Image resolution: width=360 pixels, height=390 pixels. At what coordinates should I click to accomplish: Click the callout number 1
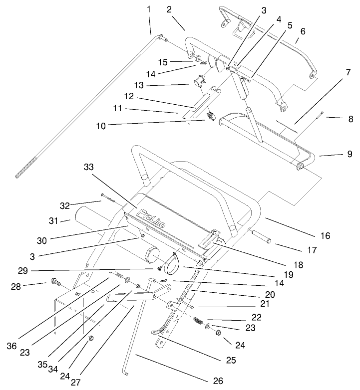[x=148, y=9]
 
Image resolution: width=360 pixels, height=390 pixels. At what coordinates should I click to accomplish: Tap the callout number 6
[x=302, y=31]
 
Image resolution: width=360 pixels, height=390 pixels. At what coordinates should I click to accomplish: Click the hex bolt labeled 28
[x=54, y=283]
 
